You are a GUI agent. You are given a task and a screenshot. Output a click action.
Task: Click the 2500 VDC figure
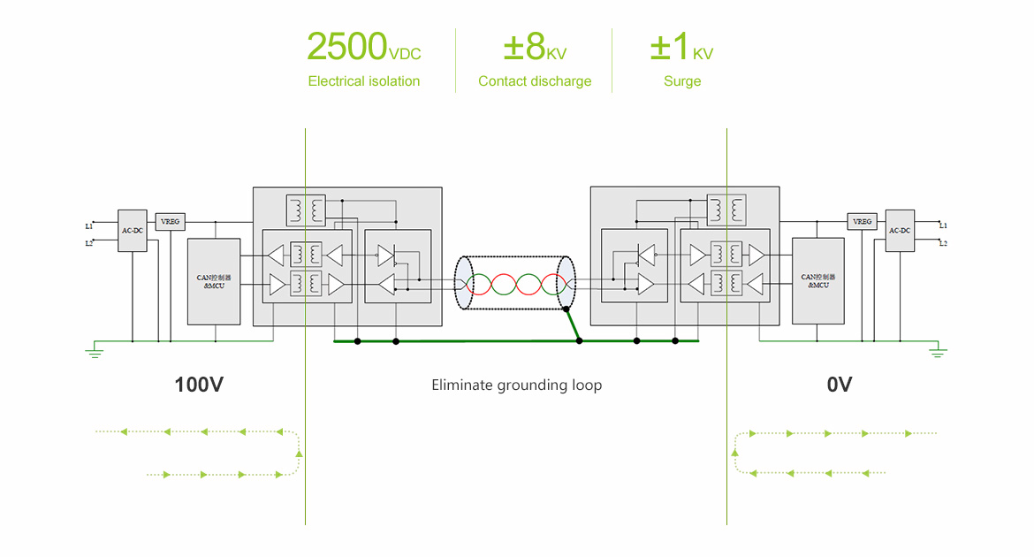click(x=363, y=48)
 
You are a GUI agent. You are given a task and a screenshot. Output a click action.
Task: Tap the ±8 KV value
click(x=534, y=48)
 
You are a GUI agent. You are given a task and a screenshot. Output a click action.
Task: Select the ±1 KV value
click(x=681, y=48)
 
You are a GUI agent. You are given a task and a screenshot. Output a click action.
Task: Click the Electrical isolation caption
click(x=363, y=81)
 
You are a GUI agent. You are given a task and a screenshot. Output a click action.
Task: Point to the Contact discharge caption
click(x=534, y=81)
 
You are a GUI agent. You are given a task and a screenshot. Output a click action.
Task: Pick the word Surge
click(x=682, y=81)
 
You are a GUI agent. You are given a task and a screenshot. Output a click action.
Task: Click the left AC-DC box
click(x=132, y=231)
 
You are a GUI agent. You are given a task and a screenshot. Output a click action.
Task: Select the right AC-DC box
click(x=900, y=230)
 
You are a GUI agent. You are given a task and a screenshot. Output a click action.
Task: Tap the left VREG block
click(x=170, y=222)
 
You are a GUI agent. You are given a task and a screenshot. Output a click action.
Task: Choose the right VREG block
click(x=862, y=221)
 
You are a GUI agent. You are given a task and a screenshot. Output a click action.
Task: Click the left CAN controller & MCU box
click(x=214, y=281)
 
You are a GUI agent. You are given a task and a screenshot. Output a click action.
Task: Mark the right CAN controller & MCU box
click(x=818, y=280)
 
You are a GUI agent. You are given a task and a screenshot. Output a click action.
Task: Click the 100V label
click(x=198, y=385)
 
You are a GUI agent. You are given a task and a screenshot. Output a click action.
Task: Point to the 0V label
click(x=839, y=385)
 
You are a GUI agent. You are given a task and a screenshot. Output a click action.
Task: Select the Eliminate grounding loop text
click(x=516, y=385)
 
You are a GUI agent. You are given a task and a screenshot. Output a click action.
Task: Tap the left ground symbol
click(x=94, y=353)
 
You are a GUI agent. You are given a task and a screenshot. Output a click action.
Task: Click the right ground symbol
click(x=938, y=352)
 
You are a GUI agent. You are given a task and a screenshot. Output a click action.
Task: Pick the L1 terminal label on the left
click(x=88, y=226)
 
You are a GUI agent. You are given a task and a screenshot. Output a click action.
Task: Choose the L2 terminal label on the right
click(x=943, y=243)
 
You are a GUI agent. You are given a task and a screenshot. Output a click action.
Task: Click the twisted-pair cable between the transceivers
click(x=515, y=285)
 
